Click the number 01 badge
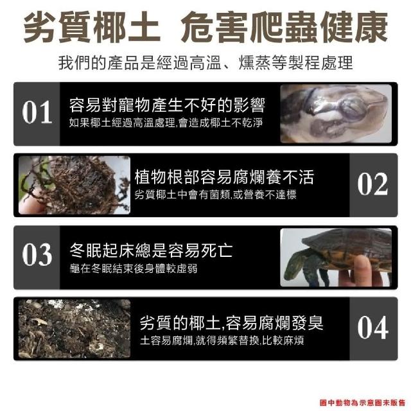point(37,113)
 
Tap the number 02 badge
point(372,184)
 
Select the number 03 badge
point(37,255)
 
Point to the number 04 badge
point(372,328)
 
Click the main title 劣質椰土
point(92,28)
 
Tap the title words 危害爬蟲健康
point(284,28)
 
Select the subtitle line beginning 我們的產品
point(205,63)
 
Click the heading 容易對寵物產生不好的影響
point(167,105)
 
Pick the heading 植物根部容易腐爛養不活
point(224,177)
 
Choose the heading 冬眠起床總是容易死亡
point(152,250)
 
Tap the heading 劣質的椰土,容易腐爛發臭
point(231,322)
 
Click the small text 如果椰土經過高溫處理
point(122,123)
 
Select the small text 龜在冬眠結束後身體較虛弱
point(134,268)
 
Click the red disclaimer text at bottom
point(362,403)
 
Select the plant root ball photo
point(74,185)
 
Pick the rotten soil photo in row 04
point(74,329)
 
